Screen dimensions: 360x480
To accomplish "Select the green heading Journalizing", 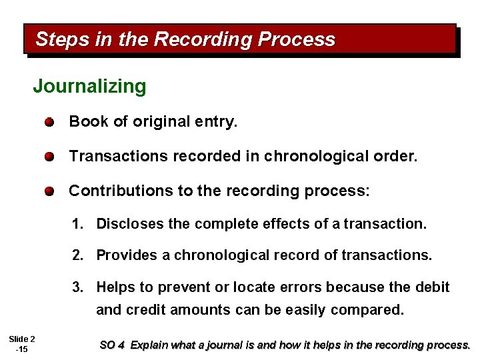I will pyautogui.click(x=89, y=86).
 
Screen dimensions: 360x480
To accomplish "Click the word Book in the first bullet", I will pyautogui.click(x=84, y=121).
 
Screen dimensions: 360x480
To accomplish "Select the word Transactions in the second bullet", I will pyautogui.click(x=119, y=156).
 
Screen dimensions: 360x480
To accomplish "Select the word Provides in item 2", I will pyautogui.click(x=125, y=255).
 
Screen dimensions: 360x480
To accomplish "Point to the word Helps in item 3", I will pyautogui.click(x=116, y=287).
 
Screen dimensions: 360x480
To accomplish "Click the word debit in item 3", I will pyautogui.click(x=433, y=287).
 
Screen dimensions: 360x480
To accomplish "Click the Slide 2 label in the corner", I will pyautogui.click(x=21, y=339).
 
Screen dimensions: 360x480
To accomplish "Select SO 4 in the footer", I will pyautogui.click(x=112, y=345).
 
